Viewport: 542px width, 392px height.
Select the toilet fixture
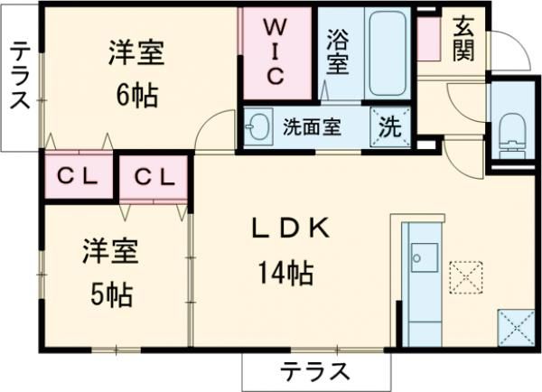(510, 131)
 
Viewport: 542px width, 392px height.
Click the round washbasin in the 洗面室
(259, 126)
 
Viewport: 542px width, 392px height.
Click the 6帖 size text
(136, 92)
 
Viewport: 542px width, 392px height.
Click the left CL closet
(77, 177)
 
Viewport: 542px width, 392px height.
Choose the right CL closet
(153, 177)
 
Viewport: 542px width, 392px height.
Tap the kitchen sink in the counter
(421, 257)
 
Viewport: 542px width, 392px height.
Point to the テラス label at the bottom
(315, 370)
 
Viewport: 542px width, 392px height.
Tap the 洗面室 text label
(311, 126)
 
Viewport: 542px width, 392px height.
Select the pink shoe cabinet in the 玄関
(427, 35)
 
